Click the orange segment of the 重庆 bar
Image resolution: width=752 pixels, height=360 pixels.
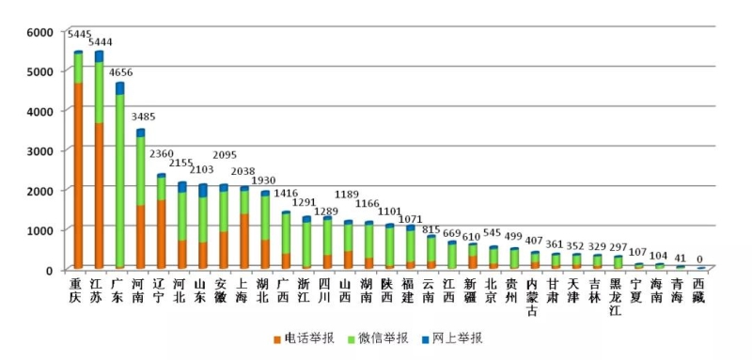(78, 176)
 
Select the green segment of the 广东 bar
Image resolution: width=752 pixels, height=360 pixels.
(119, 180)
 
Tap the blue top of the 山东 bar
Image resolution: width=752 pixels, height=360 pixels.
(202, 190)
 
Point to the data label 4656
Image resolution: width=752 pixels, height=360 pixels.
(121, 73)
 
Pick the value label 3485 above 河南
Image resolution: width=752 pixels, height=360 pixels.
(143, 117)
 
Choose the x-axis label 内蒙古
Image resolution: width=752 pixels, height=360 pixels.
(532, 297)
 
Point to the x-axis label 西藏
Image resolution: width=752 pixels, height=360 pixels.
(698, 290)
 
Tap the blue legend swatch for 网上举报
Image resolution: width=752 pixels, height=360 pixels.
(425, 340)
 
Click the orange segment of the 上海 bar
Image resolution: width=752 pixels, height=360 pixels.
(244, 242)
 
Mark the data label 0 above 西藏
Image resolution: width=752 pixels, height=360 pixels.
(701, 258)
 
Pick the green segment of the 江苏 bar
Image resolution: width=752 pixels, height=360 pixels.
(99, 92)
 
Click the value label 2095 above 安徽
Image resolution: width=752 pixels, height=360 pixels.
(225, 155)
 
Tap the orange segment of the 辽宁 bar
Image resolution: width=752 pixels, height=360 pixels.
(161, 234)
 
